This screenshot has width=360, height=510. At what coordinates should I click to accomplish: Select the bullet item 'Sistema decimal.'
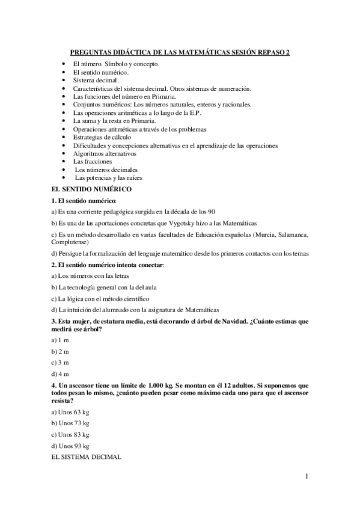coord(96,79)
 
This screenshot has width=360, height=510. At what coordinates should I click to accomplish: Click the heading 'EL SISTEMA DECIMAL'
coord(87,456)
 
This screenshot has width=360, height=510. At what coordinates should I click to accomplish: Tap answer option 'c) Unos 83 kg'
coord(71,434)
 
